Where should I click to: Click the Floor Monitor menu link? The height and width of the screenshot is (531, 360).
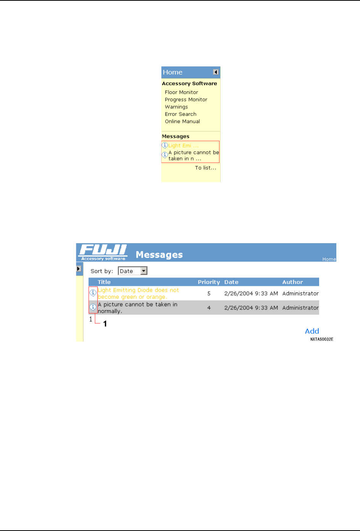[181, 92]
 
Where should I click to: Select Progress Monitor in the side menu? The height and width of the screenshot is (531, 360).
[186, 100]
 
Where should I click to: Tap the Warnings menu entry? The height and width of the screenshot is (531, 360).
[176, 107]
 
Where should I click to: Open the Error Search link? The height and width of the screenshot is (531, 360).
[181, 114]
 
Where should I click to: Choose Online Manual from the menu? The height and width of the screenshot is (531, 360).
[182, 121]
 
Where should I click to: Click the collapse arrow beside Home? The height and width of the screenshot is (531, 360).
[216, 72]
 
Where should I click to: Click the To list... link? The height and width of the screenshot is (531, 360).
[205, 168]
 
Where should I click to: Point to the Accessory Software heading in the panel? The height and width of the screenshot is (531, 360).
[189, 84]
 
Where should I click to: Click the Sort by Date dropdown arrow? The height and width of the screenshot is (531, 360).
[144, 271]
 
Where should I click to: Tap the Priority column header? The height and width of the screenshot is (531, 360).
[209, 282]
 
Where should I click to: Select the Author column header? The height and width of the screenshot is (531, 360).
[292, 282]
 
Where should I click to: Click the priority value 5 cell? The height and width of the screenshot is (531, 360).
[209, 294]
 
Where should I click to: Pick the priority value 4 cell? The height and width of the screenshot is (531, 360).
[209, 308]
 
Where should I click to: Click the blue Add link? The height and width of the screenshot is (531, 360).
[312, 331]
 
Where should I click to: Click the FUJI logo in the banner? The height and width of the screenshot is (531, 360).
[103, 252]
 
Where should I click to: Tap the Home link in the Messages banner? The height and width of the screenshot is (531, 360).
[329, 259]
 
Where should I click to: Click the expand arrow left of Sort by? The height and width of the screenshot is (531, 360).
[79, 269]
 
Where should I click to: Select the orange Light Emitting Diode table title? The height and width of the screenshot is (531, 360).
[138, 294]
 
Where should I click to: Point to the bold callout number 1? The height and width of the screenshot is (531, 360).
[105, 324]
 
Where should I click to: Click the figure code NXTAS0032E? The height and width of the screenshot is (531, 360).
[321, 339]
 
